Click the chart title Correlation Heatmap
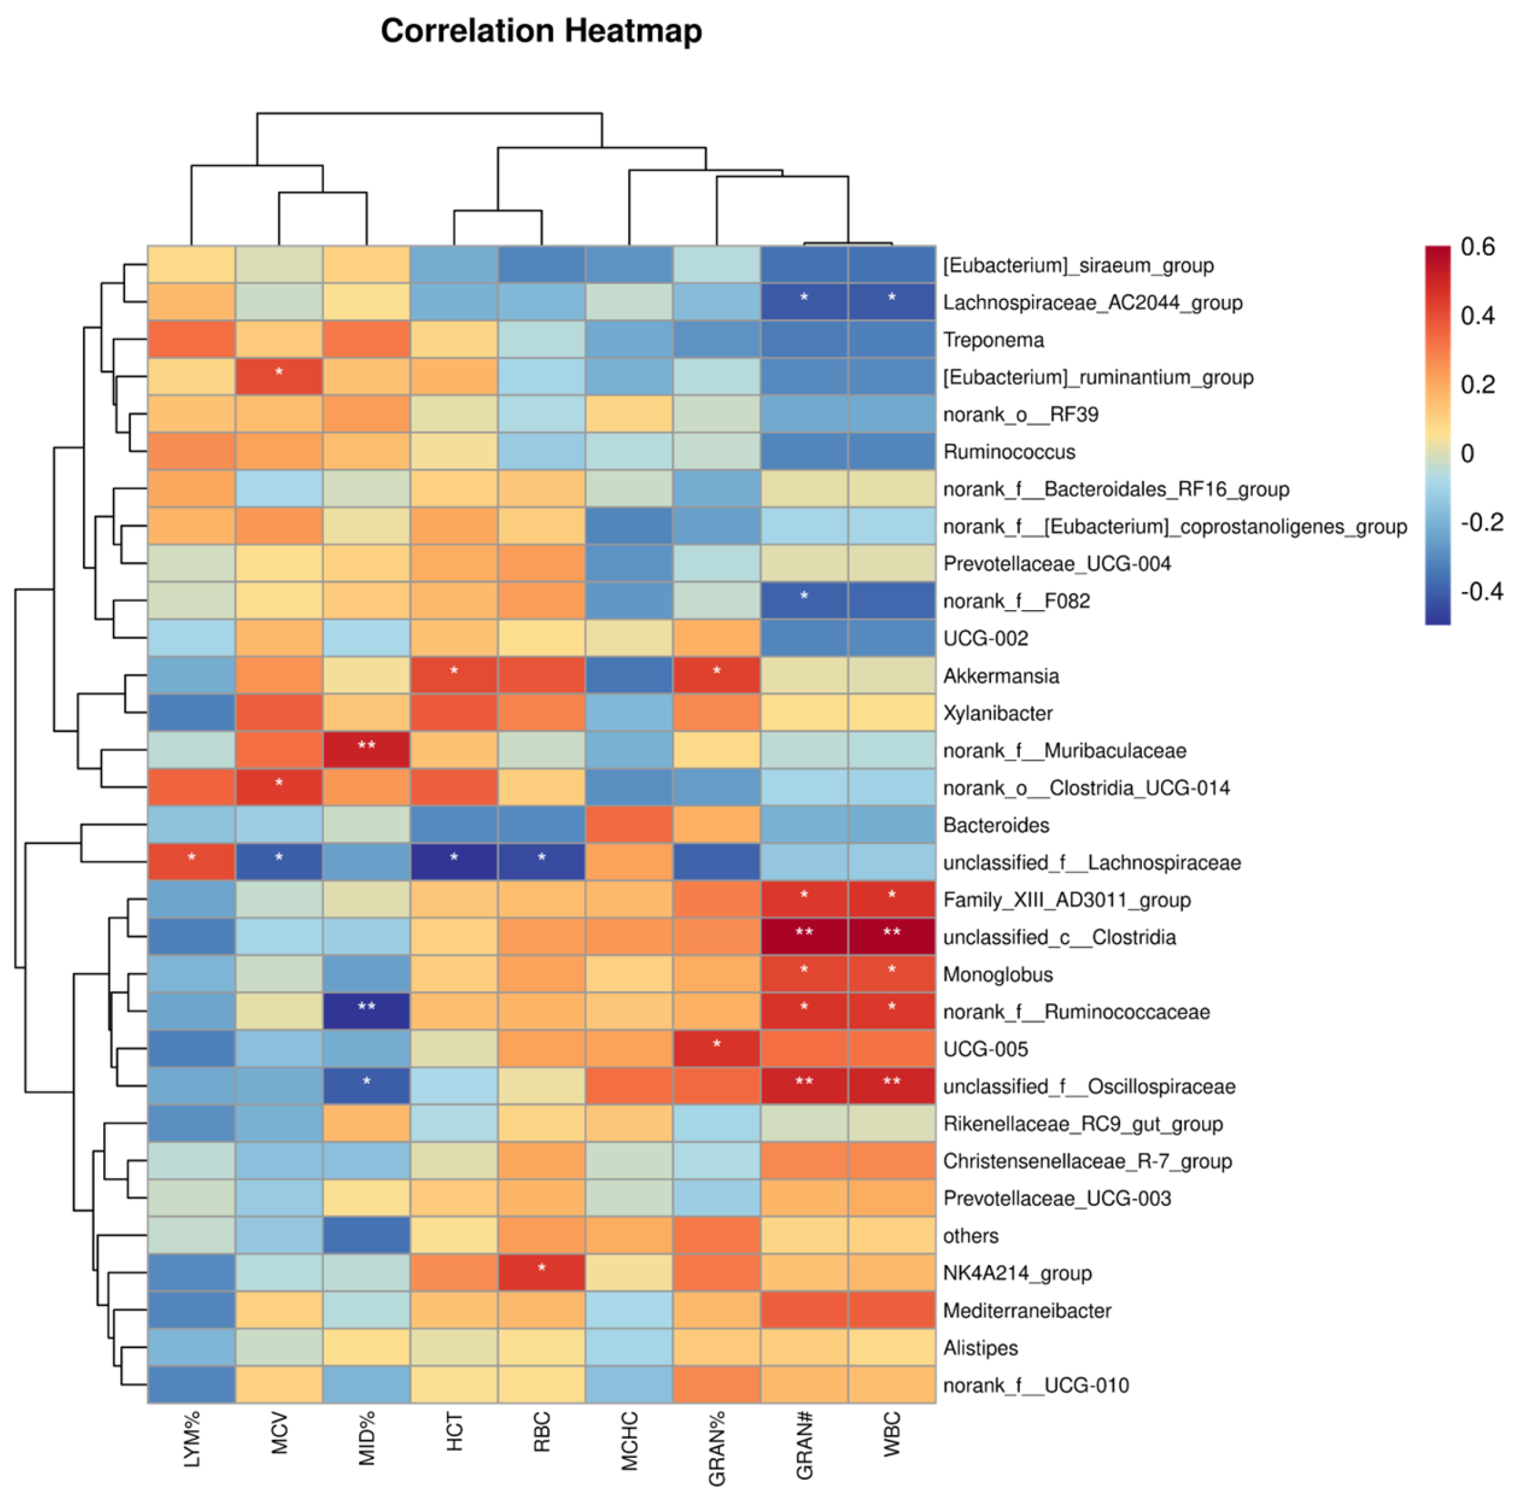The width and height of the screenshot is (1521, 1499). tap(541, 31)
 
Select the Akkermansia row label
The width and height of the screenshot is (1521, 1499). tap(1001, 675)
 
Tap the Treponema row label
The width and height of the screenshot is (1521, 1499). tap(994, 340)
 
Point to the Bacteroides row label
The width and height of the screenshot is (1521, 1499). tap(996, 825)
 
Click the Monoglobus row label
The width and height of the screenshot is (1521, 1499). tap(998, 975)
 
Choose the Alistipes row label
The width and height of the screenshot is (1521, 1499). tap(980, 1348)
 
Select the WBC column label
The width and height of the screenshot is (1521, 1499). tap(891, 1434)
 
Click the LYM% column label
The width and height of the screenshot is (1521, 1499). tap(191, 1439)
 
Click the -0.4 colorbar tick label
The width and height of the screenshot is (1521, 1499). tap(1481, 591)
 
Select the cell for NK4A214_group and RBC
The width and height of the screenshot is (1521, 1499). tap(541, 1273)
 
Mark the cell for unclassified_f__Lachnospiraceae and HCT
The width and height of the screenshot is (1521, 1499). tap(454, 862)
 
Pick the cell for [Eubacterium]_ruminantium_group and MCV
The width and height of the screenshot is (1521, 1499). tap(278, 377)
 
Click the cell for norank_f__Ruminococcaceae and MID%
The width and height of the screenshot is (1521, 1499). tap(366, 1012)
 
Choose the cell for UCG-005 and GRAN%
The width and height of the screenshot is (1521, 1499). tap(717, 1049)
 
